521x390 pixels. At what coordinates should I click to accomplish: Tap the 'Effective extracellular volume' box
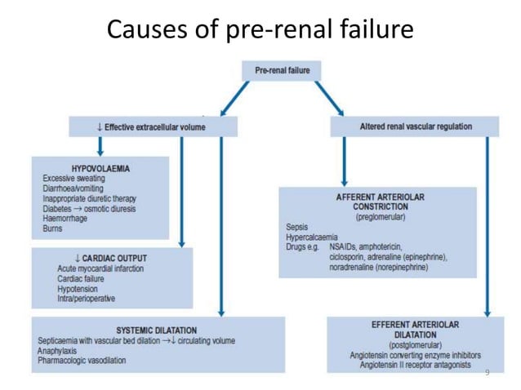click(154, 126)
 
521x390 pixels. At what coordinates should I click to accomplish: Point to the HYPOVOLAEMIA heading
click(100, 168)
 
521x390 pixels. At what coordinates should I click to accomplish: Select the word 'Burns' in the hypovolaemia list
click(53, 228)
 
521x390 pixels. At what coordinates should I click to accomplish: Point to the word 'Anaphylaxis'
click(60, 350)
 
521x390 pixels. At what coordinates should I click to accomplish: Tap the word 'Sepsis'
click(297, 227)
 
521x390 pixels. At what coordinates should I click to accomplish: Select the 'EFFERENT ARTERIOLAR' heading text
click(415, 325)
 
